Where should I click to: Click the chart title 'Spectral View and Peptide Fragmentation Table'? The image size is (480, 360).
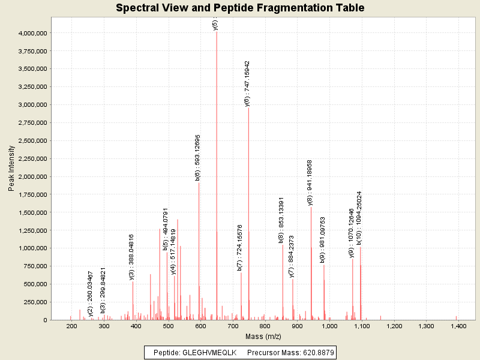(240, 8)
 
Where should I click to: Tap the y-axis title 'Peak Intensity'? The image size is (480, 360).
(12, 170)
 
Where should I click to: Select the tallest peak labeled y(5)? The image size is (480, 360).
(217, 174)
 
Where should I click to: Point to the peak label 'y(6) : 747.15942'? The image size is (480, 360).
(247, 83)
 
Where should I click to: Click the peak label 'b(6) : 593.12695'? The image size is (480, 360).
(197, 157)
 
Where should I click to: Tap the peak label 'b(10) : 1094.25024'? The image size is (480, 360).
(359, 218)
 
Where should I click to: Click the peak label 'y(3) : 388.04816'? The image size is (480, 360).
(131, 257)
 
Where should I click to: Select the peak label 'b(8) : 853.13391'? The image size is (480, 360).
(281, 220)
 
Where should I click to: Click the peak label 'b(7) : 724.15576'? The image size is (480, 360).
(239, 248)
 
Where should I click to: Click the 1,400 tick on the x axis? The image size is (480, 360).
(458, 326)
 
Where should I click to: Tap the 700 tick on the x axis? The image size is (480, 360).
(233, 326)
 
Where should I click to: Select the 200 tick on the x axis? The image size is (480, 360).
(72, 326)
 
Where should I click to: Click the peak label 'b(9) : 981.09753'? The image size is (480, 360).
(322, 240)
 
